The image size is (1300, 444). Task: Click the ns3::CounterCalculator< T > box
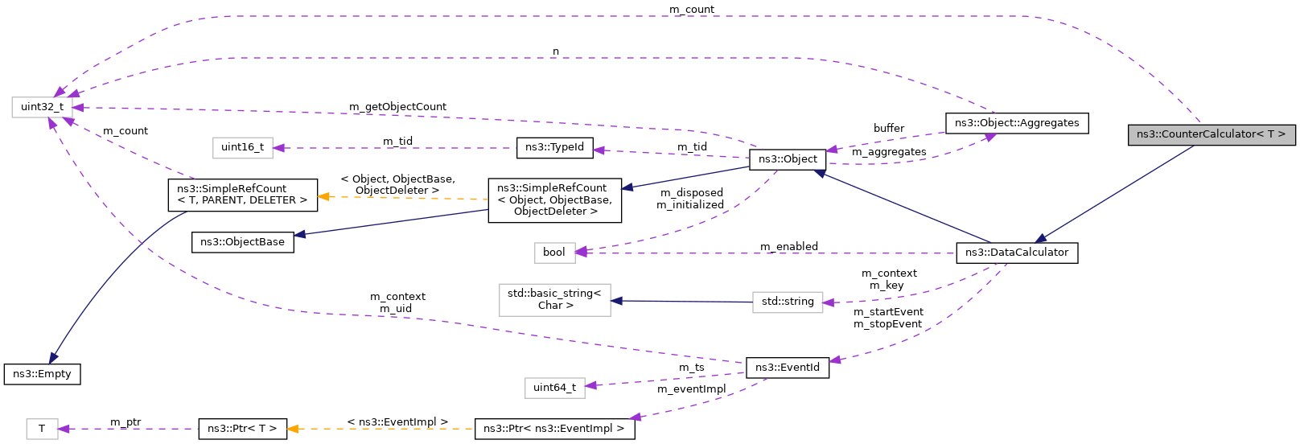pos(1211,134)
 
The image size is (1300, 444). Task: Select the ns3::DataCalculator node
pos(1016,253)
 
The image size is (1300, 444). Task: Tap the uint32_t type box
pos(42,107)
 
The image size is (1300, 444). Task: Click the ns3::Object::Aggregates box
pos(1016,123)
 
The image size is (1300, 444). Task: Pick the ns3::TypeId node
pos(554,147)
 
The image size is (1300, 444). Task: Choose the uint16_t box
pos(242,147)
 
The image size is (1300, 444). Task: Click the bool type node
pos(553,253)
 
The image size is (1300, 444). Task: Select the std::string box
pos(787,302)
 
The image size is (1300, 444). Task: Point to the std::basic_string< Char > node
pos(554,299)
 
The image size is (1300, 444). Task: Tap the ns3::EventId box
pos(787,368)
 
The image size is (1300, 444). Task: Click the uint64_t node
pos(554,388)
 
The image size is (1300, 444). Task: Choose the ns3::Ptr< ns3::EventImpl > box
pos(554,429)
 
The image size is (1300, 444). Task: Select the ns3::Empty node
pos(42,374)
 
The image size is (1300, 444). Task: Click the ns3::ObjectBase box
pos(242,242)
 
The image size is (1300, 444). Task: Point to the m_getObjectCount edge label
pos(397,107)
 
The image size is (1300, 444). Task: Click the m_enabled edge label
pos(788,246)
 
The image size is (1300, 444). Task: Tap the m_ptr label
pos(125,422)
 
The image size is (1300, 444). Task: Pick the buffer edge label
pos(888,129)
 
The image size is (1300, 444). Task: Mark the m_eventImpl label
pos(691,389)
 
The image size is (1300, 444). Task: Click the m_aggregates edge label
pos(888,152)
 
